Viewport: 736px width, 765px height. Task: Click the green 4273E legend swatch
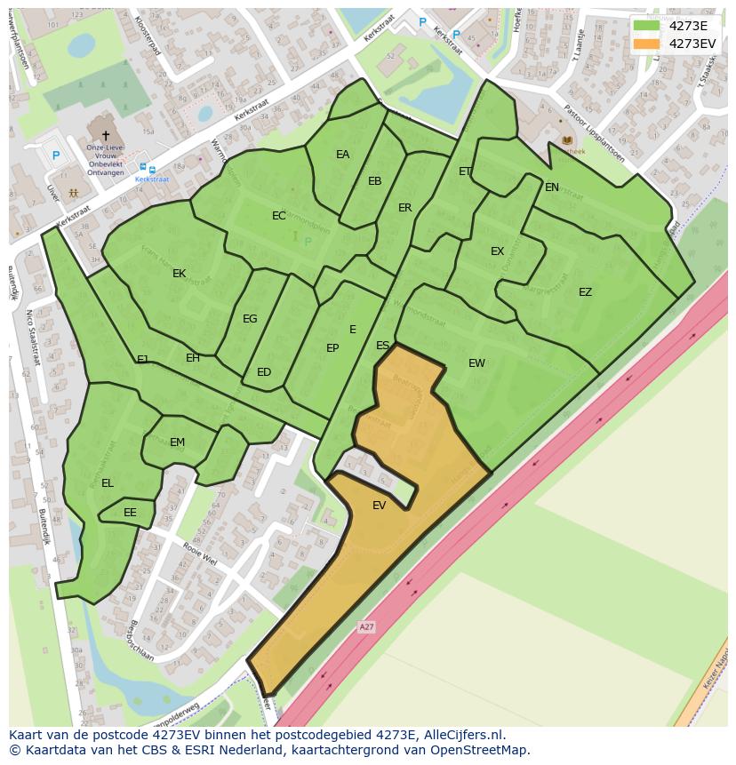point(646,26)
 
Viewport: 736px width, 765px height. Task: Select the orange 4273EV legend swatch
point(646,44)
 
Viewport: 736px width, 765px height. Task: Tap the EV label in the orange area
point(380,506)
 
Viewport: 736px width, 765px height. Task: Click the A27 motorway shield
point(366,627)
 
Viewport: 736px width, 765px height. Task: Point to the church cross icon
point(106,136)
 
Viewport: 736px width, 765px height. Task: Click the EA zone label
point(342,155)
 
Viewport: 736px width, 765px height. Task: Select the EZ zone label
point(585,292)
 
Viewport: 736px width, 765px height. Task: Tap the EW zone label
point(476,363)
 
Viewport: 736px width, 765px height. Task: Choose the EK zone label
point(179,274)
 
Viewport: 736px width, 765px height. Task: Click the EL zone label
point(108,483)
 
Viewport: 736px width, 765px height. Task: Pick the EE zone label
point(130,513)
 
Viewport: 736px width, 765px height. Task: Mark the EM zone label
point(177,442)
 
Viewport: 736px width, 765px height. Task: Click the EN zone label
point(552,187)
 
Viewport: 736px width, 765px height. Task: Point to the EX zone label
point(497,251)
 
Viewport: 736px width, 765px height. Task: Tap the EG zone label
point(250,319)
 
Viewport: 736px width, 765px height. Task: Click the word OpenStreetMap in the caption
point(480,750)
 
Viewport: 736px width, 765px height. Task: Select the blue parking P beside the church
point(55,155)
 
